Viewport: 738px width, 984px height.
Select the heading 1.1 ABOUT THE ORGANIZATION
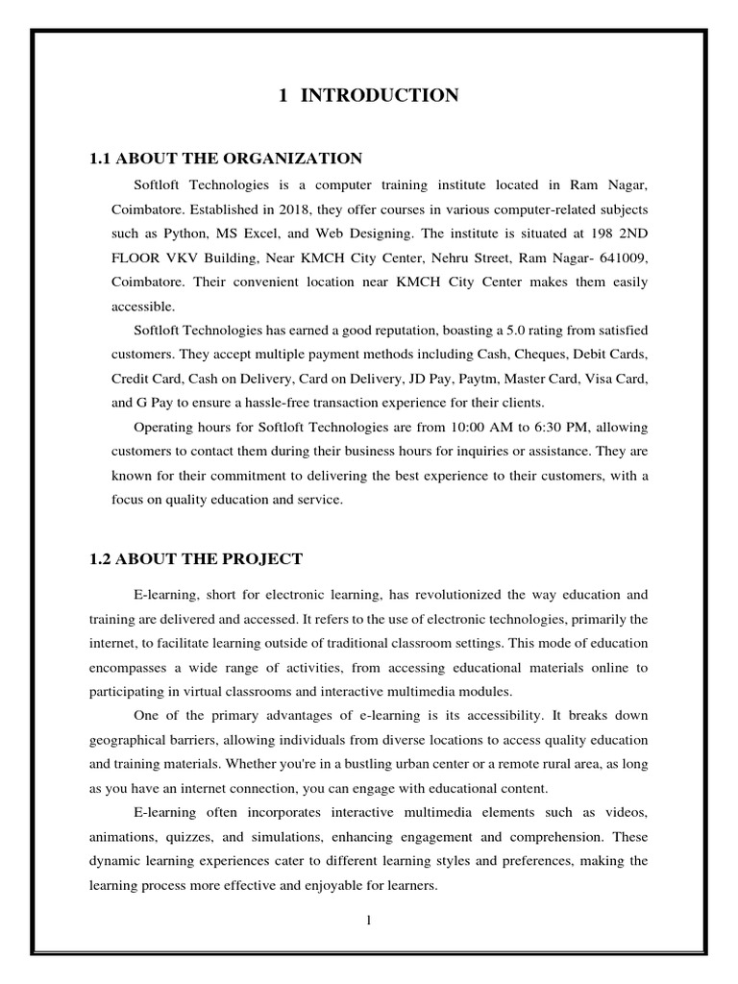click(226, 158)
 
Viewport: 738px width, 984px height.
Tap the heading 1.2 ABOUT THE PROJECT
click(196, 558)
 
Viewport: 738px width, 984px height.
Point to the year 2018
click(280, 208)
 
